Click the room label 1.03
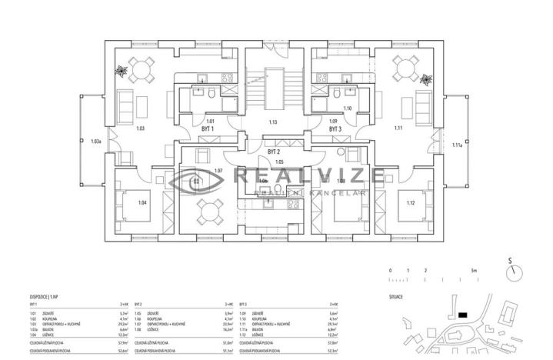tap(141, 128)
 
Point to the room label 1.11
tap(398, 128)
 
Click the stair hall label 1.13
tap(272, 122)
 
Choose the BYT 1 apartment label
tap(207, 130)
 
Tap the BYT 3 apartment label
tap(335, 130)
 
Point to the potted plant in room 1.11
tap(427, 78)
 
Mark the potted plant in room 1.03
tap(121, 72)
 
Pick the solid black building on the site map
tap(461, 314)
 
